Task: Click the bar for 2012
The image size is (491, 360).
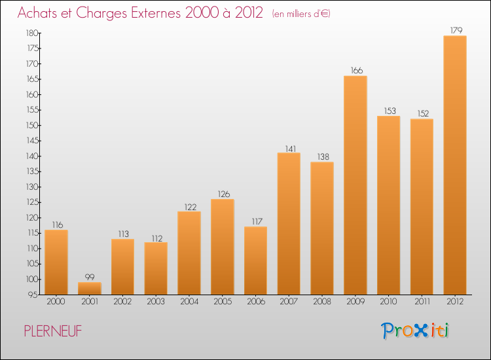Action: pyautogui.click(x=455, y=165)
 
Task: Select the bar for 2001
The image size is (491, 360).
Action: pyautogui.click(x=90, y=288)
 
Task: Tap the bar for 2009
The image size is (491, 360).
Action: pyautogui.click(x=355, y=185)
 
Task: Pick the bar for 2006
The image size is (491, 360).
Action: pyautogui.click(x=255, y=261)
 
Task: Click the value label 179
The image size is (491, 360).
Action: pyautogui.click(x=455, y=30)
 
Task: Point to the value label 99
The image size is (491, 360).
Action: pyautogui.click(x=90, y=277)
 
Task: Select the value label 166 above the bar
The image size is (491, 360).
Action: pyautogui.click(x=355, y=71)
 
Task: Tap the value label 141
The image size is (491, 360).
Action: pyautogui.click(x=289, y=147)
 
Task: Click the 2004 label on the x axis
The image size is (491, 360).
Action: pyautogui.click(x=189, y=302)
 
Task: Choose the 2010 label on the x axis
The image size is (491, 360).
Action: pyautogui.click(x=388, y=302)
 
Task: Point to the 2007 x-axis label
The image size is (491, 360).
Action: pyautogui.click(x=289, y=302)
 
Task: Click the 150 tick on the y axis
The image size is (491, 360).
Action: pyautogui.click(x=31, y=125)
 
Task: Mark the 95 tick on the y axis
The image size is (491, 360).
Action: pyautogui.click(x=33, y=295)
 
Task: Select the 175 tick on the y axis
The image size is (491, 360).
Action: pyautogui.click(x=31, y=48)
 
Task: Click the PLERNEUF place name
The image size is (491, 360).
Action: pyautogui.click(x=53, y=331)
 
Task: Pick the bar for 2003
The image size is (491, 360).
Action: pyautogui.click(x=156, y=268)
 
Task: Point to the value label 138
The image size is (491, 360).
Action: pyautogui.click(x=321, y=156)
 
